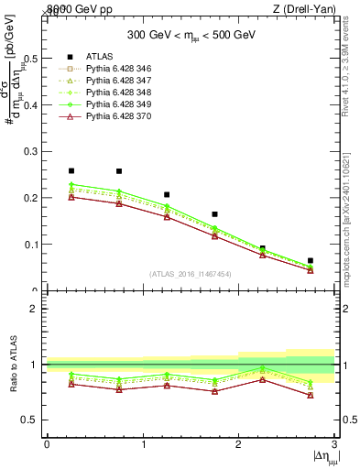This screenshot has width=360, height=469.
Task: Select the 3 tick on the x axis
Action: [x=335, y=445]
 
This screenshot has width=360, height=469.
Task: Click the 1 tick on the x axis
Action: [x=143, y=445]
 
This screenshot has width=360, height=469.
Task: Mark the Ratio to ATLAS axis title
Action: [x=12, y=364]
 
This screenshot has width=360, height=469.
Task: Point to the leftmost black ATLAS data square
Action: [x=71, y=170]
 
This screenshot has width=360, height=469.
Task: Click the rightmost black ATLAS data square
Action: [x=311, y=261]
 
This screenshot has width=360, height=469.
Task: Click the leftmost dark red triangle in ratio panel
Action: [x=71, y=384]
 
